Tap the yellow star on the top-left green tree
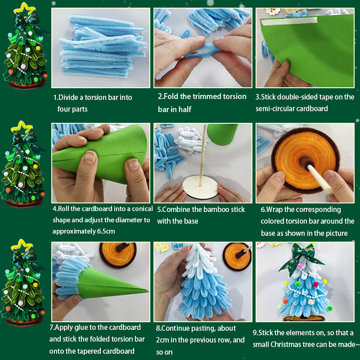tap(24, 9)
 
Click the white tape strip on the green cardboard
tap(289, 21)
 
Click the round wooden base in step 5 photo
tap(200, 186)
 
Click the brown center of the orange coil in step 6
tap(305, 162)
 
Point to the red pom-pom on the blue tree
tap(316, 284)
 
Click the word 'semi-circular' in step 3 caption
tap(273, 108)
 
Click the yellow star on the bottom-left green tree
tap(22, 246)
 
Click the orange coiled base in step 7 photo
tap(118, 255)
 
